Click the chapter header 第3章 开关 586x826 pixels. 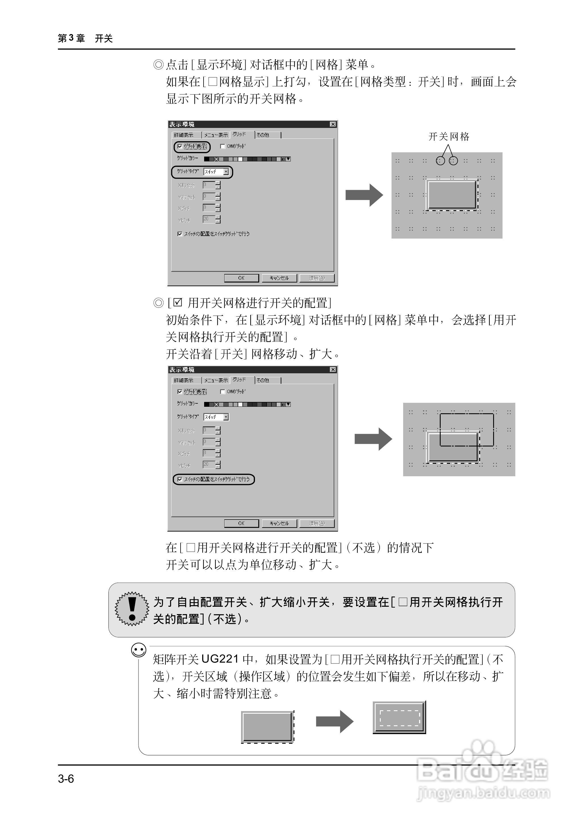85,38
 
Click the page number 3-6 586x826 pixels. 66,779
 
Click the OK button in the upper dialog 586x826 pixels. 241,278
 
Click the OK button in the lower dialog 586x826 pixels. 241,523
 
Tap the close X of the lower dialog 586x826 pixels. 333,370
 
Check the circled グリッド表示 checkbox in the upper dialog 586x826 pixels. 180,146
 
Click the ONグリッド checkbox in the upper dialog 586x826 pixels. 223,146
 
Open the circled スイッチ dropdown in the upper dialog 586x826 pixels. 226,172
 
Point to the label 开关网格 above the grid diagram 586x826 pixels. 449,137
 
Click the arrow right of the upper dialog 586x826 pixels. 364,195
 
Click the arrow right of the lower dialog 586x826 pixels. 373,439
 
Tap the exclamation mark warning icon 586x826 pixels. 132,609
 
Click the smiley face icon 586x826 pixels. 139,650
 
